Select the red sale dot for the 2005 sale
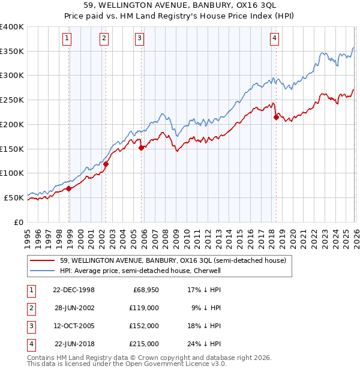click(x=142, y=148)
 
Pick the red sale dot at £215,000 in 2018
click(x=276, y=117)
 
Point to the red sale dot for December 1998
click(x=69, y=188)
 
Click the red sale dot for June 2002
click(x=106, y=164)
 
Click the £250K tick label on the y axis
click(x=11, y=100)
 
